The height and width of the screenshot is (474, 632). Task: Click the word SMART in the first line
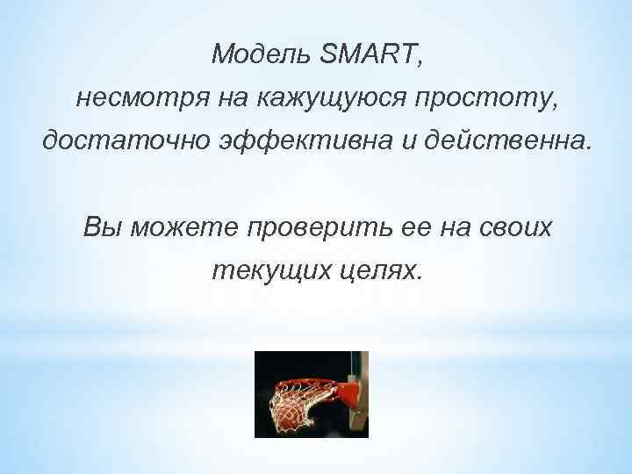click(370, 55)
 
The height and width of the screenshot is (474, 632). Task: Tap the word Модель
click(260, 55)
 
